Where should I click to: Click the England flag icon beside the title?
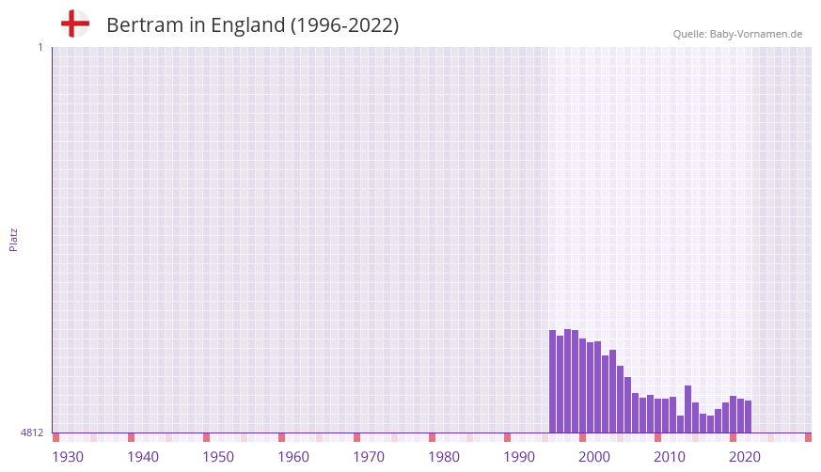coord(75,24)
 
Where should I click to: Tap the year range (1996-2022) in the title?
coord(345,25)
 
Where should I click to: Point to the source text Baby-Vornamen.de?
coord(756,34)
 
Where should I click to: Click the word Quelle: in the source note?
coord(689,34)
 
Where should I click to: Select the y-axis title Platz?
coord(13,239)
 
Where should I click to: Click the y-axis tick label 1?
coord(39,47)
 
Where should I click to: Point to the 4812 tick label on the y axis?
coord(31,433)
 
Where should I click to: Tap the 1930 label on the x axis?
coord(68,457)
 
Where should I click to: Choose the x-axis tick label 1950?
coord(218,457)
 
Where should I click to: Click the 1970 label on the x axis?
coord(369,457)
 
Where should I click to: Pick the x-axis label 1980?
coord(444,457)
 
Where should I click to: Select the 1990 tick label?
coord(519,457)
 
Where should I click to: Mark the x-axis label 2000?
coord(594,457)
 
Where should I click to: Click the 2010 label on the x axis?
coord(670,457)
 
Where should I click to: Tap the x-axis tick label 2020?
coord(745,457)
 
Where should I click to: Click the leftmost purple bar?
coord(553,381)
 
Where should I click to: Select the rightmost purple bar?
coord(748,417)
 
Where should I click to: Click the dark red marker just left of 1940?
coord(131,437)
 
